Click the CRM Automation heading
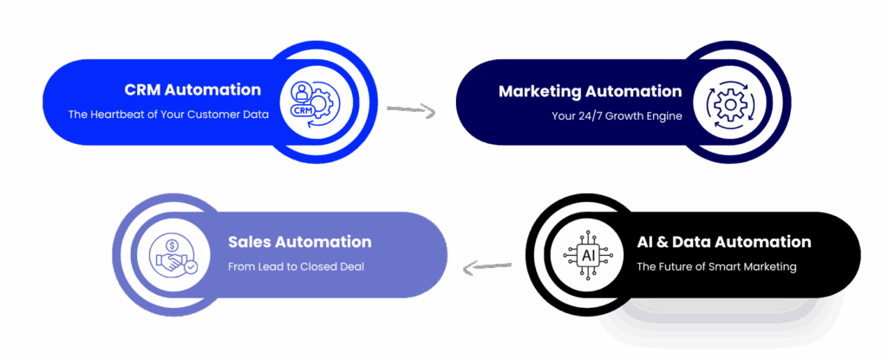pos(193,89)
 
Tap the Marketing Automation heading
pos(590,91)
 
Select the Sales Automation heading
pos(299,242)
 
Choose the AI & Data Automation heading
pos(724,242)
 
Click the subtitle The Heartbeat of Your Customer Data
pos(168,114)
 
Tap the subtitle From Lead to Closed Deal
pos(296,266)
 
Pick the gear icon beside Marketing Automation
pos(728,104)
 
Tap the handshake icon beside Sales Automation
pos(173,255)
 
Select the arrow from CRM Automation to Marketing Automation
pos(410,110)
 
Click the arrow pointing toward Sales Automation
pos(486,266)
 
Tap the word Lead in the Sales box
pos(273,266)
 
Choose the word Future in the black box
pos(676,266)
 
